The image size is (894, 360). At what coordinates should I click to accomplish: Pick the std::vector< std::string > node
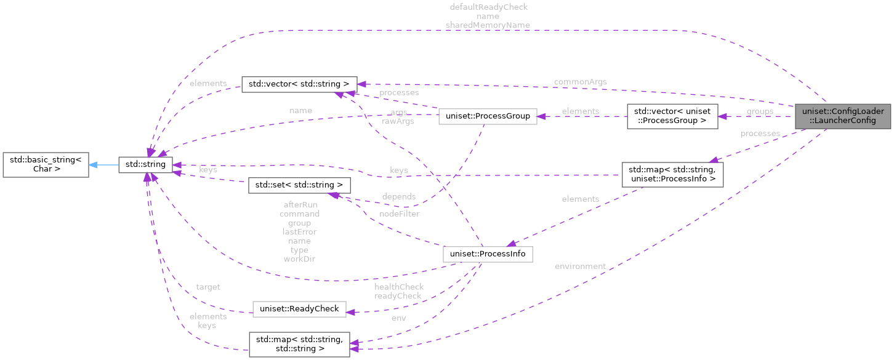click(299, 84)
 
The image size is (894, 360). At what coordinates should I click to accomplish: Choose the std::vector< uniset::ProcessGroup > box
click(672, 116)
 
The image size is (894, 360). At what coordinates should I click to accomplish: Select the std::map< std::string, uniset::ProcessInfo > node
click(672, 175)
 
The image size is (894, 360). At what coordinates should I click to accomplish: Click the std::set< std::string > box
click(299, 185)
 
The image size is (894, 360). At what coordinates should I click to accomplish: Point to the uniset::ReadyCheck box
click(300, 309)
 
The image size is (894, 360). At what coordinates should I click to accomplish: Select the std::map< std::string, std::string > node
click(299, 343)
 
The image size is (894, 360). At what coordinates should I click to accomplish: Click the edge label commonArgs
click(580, 82)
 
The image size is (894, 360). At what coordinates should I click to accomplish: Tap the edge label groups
click(760, 111)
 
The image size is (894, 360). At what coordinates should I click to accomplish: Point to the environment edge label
click(580, 266)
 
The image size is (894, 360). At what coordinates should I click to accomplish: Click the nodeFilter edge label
click(399, 214)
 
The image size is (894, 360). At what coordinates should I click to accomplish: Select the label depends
click(399, 196)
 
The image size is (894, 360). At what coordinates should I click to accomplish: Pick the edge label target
click(208, 287)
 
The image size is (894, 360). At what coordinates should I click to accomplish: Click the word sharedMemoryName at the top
click(489, 25)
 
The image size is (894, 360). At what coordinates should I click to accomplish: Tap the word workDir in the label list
click(299, 259)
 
